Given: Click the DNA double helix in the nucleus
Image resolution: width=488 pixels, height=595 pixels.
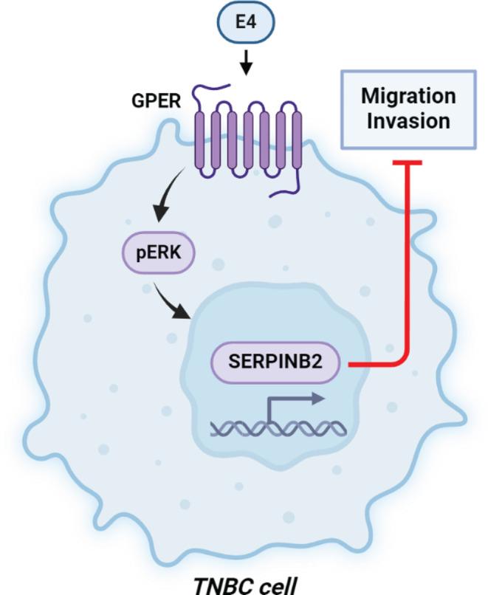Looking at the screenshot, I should click(277, 427).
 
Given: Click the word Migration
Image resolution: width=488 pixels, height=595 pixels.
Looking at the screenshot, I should click(408, 95).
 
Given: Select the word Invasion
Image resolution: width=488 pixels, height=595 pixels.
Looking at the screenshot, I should click(408, 120).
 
